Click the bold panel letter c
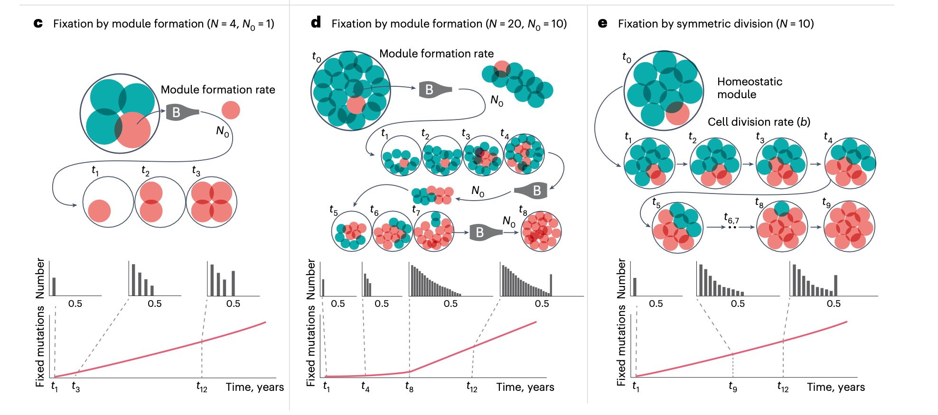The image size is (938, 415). tap(38, 23)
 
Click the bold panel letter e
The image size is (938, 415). tap(602, 23)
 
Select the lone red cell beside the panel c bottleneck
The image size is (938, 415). tap(231, 111)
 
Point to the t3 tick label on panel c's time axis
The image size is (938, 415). tap(76, 387)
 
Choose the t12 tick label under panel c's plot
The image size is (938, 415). tap(202, 387)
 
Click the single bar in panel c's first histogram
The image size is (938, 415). tap(54, 286)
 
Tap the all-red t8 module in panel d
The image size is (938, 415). tap(541, 231)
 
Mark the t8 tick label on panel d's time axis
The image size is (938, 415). tap(409, 387)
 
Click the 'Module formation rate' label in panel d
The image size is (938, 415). tap(436, 54)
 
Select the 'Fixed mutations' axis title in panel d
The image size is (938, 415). tap(311, 346)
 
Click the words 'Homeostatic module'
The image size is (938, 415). tap(749, 88)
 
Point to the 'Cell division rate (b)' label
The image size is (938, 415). tap(759, 122)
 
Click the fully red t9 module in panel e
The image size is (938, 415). tap(849, 226)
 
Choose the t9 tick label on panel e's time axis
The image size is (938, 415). tap(733, 387)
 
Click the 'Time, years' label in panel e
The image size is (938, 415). tap(835, 387)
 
